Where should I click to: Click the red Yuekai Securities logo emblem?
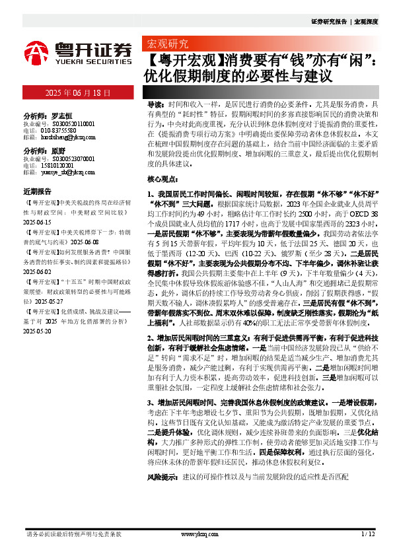(36, 53)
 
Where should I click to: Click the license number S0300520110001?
(68, 123)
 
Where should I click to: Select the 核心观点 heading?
(163, 179)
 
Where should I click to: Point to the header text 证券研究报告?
(328, 22)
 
